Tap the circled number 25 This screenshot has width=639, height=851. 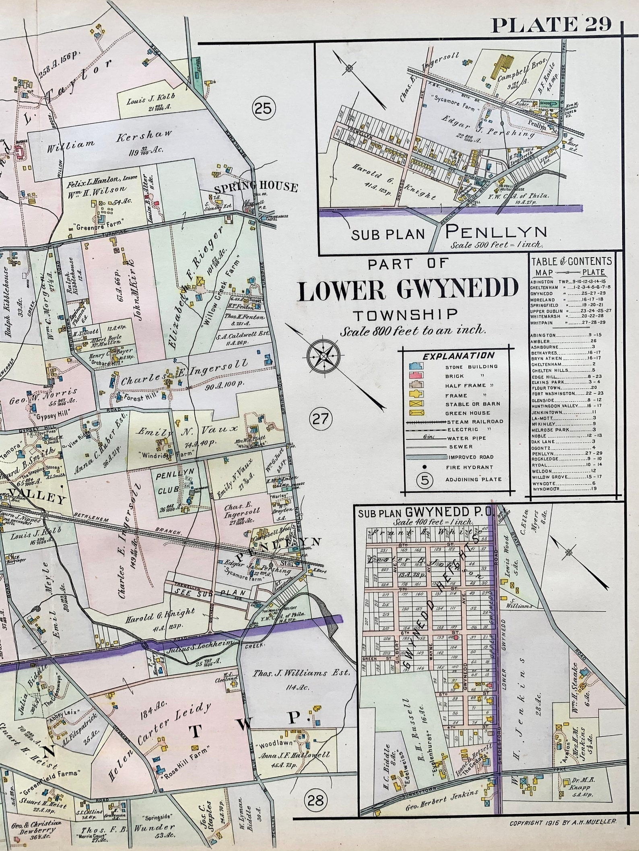tap(264, 108)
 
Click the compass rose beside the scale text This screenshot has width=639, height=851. tap(324, 356)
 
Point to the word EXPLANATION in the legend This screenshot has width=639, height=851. tap(458, 356)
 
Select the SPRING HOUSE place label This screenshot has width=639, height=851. tap(256, 187)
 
